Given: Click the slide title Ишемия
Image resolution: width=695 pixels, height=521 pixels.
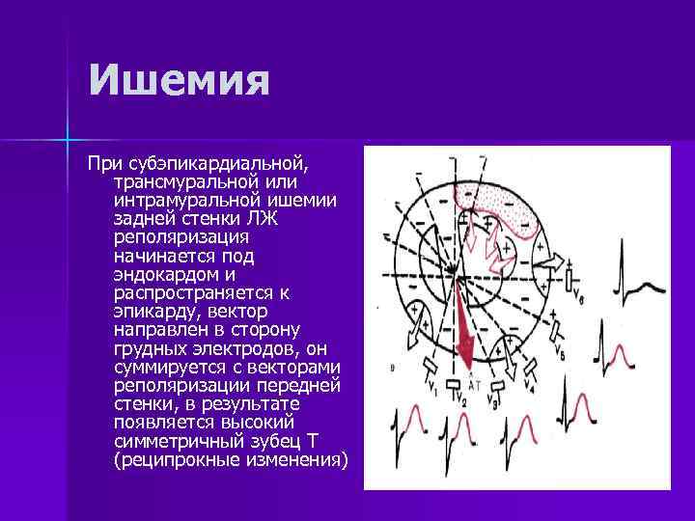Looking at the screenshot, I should pyautogui.click(x=178, y=80).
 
